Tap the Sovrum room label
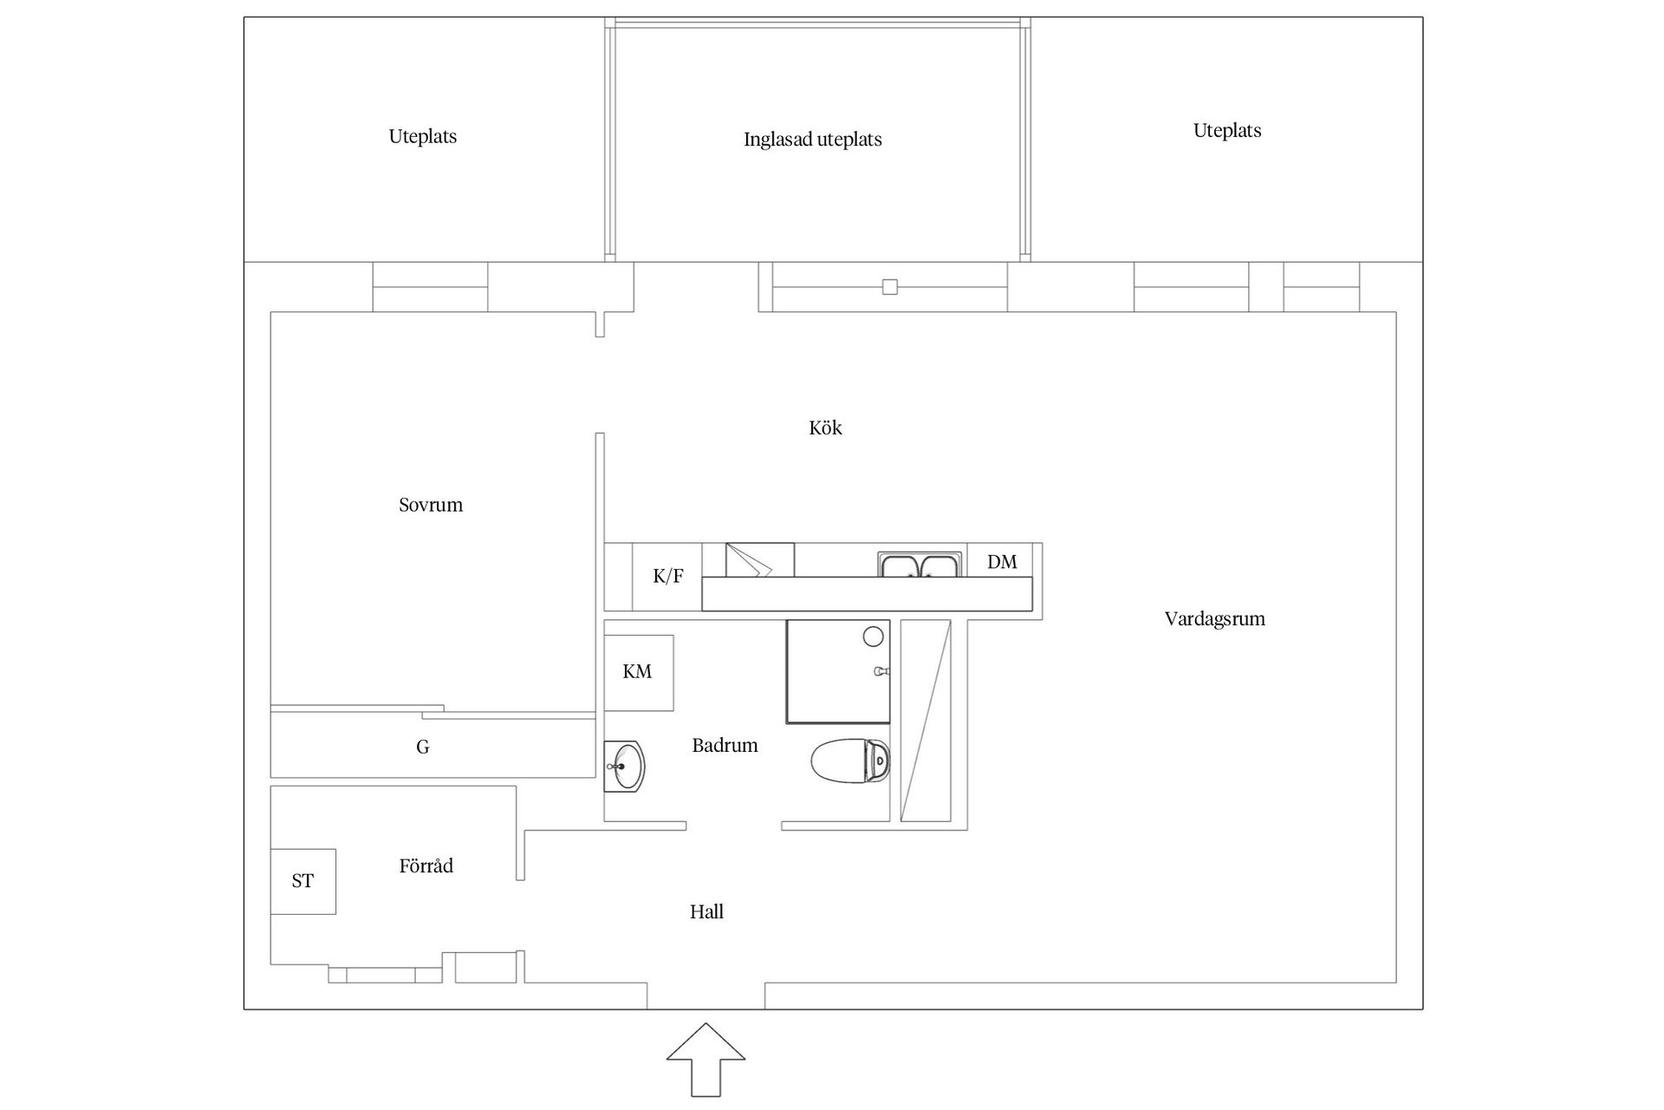point(431,505)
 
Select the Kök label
point(825,428)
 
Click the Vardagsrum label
point(1214,619)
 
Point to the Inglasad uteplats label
point(812,140)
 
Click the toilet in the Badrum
point(850,761)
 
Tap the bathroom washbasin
point(624,767)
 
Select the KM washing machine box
point(638,672)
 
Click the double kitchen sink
point(919,565)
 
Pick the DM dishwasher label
point(1002,562)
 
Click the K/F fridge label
point(667,577)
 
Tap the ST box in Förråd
point(302,881)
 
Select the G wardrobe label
point(423,747)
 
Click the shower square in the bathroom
point(836,672)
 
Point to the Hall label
point(706,911)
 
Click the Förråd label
point(426,865)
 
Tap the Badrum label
point(725,745)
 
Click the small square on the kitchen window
point(889,287)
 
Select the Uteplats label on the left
point(422,136)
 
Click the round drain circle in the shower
point(873,637)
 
